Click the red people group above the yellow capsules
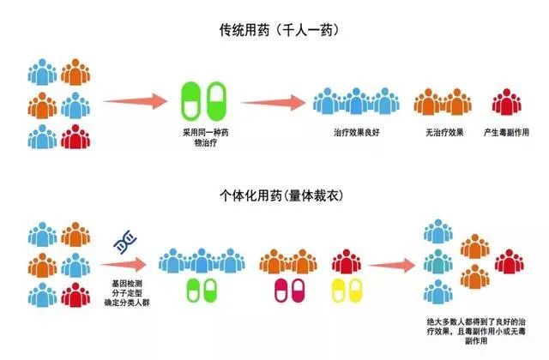347,258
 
